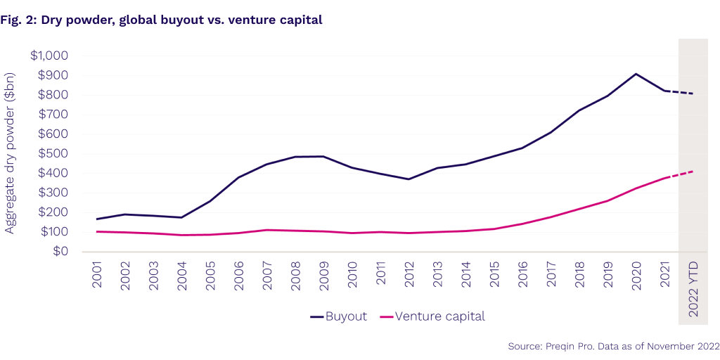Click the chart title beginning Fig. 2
pos(161,20)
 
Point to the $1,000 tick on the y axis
pos(49,56)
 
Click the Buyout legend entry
pos(338,316)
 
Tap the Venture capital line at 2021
pos(664,179)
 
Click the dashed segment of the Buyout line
pos(679,92)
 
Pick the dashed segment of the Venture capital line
pos(679,174)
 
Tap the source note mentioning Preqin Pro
pos(613,346)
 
